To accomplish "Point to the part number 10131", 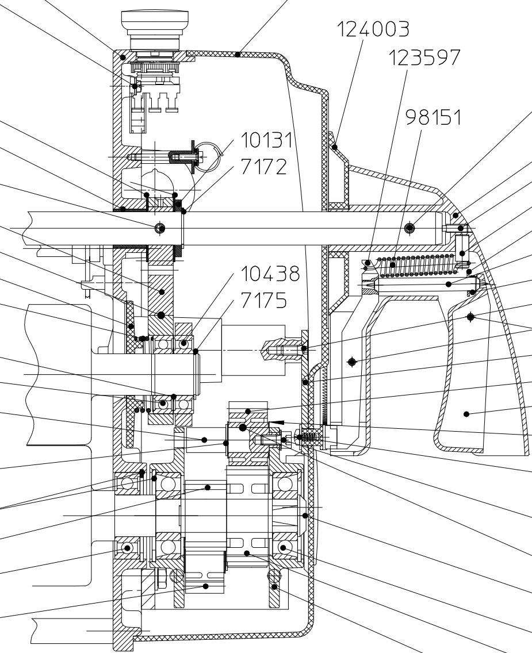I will (267, 141).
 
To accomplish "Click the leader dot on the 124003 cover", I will (335, 147).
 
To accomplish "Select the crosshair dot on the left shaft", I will (160, 228).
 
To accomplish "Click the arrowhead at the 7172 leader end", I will (183, 211).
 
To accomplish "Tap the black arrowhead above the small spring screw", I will (278, 422).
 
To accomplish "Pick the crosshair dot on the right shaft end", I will (409, 228).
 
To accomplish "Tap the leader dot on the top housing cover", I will (239, 55).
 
